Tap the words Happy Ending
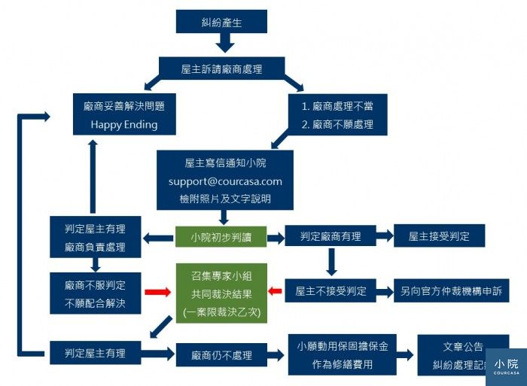[124, 125]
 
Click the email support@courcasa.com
[226, 181]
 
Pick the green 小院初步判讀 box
[221, 237]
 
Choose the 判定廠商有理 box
[331, 236]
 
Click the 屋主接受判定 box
[439, 236]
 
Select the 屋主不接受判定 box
[331, 290]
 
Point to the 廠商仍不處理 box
[222, 354]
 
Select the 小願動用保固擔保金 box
[343, 354]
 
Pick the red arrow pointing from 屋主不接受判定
[275, 291]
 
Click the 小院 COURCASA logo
[506, 366]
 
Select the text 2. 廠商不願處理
[338, 124]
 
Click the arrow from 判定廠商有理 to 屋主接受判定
[383, 236]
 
